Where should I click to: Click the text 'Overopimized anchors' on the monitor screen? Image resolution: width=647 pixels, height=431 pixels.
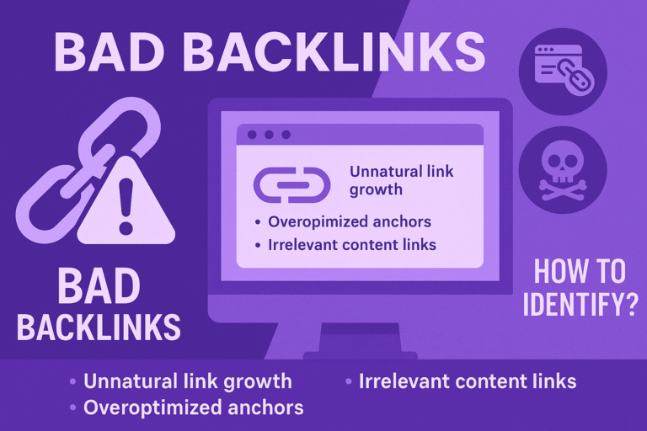point(349,222)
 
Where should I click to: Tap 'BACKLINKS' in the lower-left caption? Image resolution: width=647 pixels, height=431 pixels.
point(99,327)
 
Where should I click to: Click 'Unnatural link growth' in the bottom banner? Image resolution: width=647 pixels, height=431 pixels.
point(187,381)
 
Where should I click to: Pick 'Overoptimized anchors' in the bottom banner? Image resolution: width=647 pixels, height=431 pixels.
point(193,408)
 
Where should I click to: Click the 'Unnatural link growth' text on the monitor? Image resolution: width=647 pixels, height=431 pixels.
point(402,180)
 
